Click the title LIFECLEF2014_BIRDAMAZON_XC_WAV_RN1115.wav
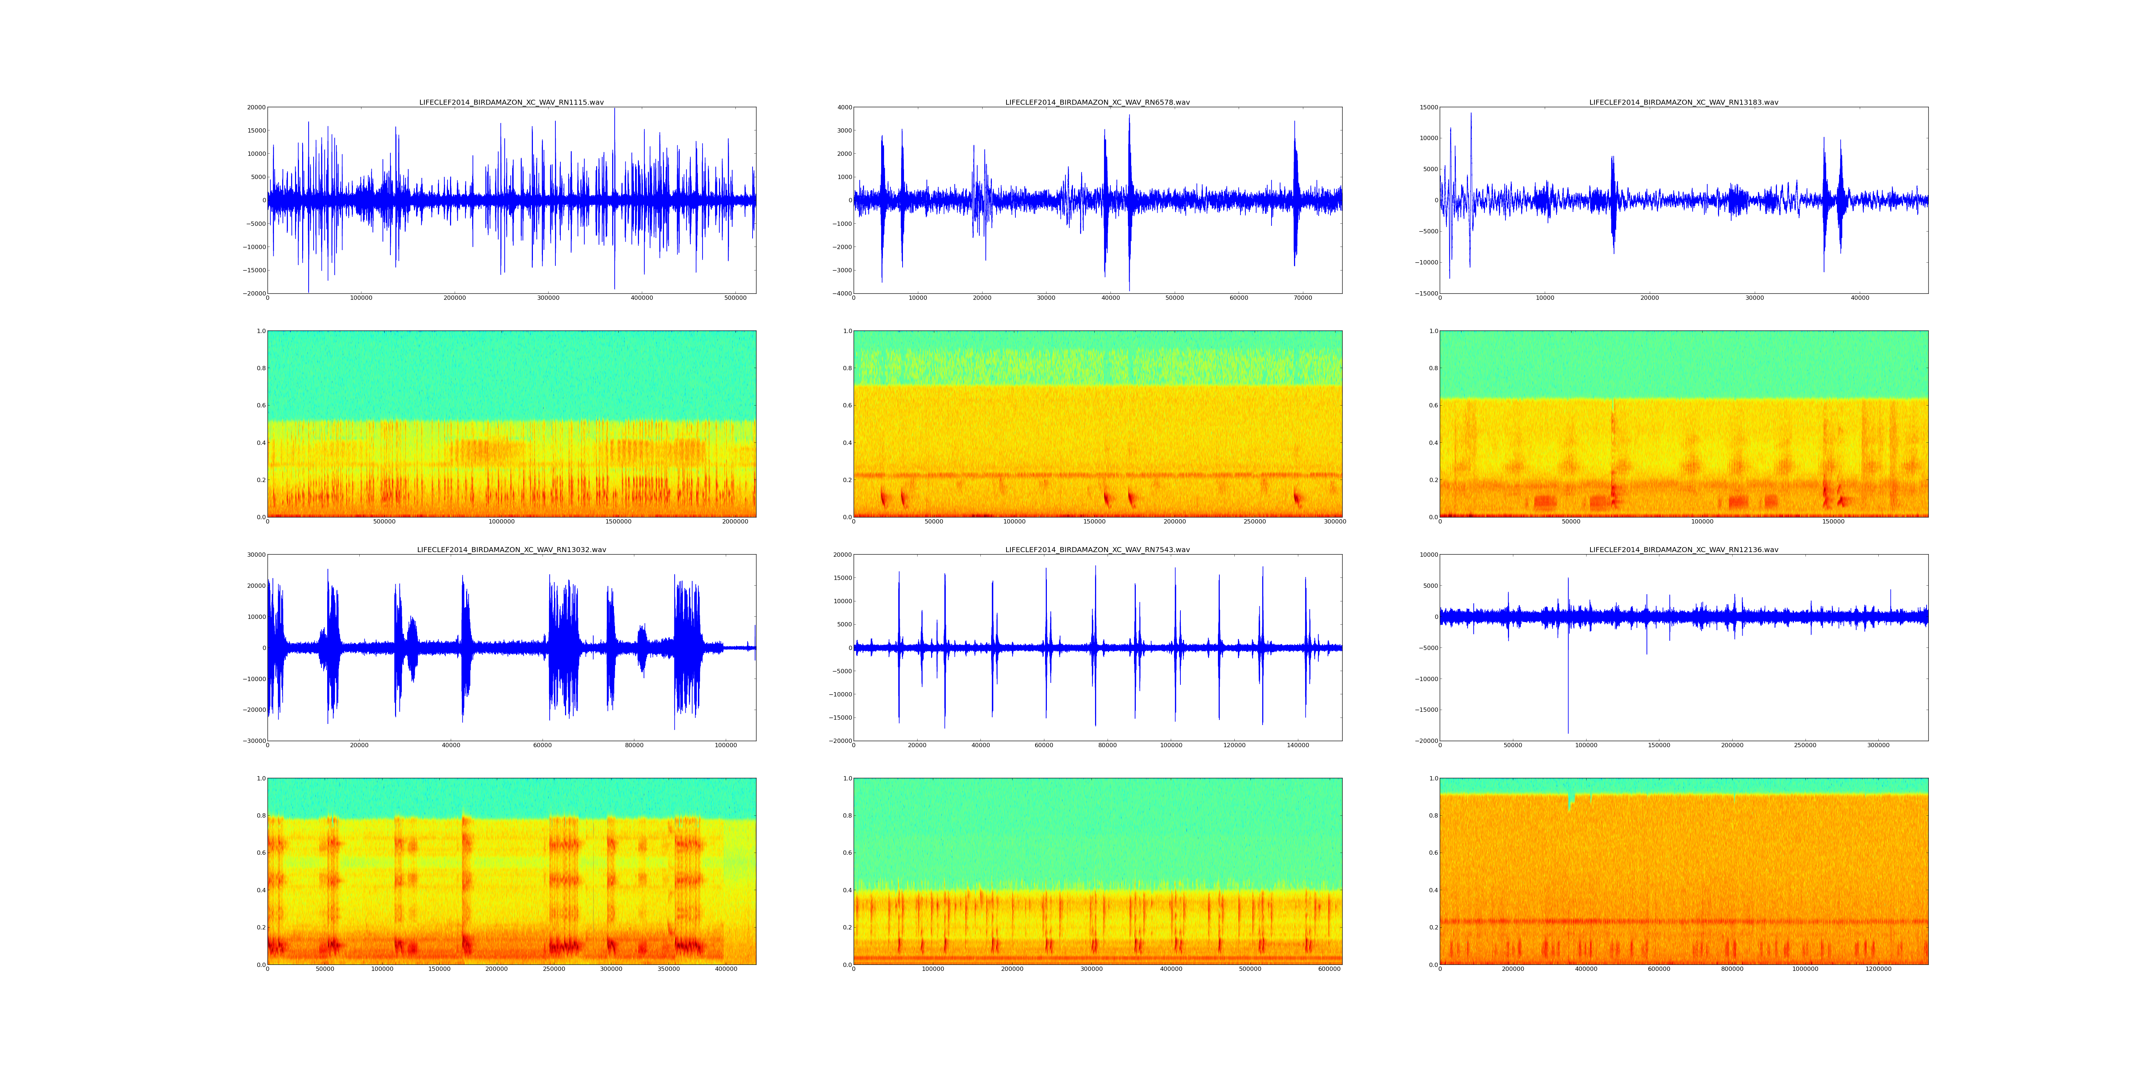tap(511, 102)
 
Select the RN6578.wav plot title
tap(1097, 102)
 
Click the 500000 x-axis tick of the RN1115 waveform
tap(735, 298)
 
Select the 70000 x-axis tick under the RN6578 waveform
tap(1303, 298)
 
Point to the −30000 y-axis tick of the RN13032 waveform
tap(252, 741)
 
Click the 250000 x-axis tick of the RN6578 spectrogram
tap(1254, 522)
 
